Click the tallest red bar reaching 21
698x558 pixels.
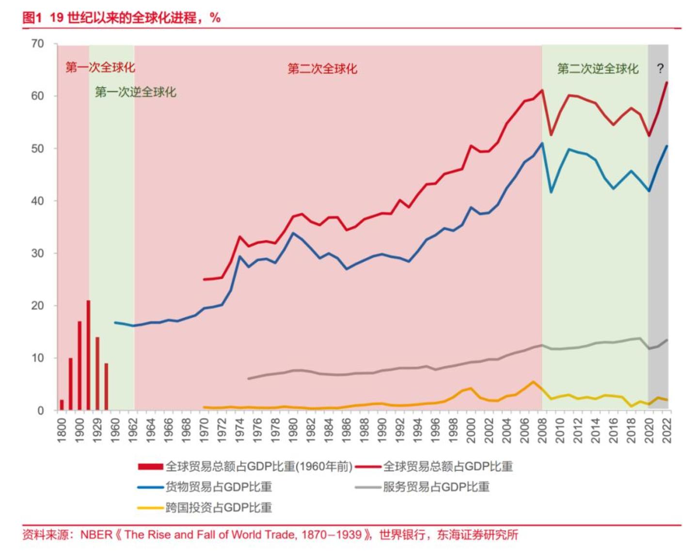(x=88, y=355)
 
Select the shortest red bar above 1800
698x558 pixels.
(x=62, y=405)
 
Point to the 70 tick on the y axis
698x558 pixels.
(x=37, y=44)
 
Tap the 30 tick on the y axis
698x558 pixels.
(x=37, y=253)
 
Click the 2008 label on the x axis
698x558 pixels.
(x=542, y=431)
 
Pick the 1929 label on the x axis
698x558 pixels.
(x=97, y=431)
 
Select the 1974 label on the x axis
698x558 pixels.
(x=239, y=431)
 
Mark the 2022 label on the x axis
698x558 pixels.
(x=667, y=431)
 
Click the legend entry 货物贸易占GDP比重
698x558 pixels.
(x=218, y=487)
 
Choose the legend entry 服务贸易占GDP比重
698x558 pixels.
(x=436, y=487)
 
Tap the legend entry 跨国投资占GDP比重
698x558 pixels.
(x=218, y=508)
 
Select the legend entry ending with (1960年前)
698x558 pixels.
(x=259, y=466)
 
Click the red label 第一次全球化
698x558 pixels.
(x=100, y=67)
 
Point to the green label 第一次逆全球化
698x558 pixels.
(x=135, y=92)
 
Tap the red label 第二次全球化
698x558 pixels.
(x=322, y=69)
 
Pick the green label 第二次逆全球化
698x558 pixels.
(x=598, y=69)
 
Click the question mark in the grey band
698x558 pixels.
(x=660, y=69)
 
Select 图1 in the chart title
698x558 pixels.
(x=32, y=18)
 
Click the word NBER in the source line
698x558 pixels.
(x=96, y=535)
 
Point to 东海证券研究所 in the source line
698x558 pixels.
(x=477, y=535)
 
